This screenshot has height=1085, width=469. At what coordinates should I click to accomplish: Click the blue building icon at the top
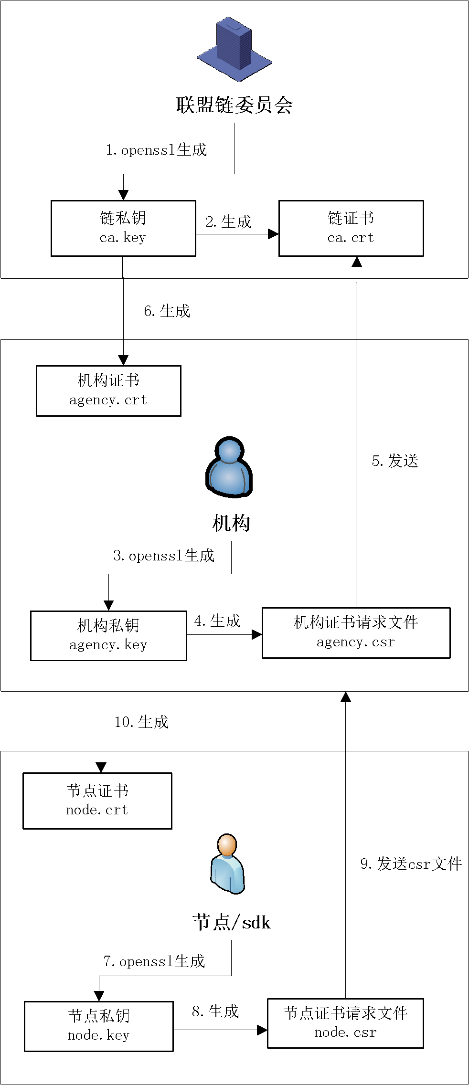[x=234, y=49]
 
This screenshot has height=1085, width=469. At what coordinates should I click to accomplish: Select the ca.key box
[x=123, y=228]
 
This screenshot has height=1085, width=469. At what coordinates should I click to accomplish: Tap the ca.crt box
[x=351, y=228]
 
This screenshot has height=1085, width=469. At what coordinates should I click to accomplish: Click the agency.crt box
[x=108, y=391]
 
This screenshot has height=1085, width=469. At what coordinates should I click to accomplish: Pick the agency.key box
[x=108, y=636]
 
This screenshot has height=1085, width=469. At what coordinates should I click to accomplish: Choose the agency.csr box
[x=356, y=633]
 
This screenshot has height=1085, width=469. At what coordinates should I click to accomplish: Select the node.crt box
[x=97, y=801]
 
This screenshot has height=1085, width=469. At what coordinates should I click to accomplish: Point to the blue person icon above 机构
[x=229, y=467]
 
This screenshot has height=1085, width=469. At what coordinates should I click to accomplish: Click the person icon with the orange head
[x=227, y=864]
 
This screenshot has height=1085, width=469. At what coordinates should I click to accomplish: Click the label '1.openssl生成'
[x=156, y=150]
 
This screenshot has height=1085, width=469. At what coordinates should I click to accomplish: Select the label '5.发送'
[x=395, y=461]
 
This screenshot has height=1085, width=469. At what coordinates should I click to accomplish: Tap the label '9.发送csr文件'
[x=411, y=864]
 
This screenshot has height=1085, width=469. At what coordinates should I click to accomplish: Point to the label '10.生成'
[x=141, y=722]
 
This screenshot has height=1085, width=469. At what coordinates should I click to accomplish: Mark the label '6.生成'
[x=167, y=311]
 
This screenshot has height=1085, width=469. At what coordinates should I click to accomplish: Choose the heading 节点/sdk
[x=232, y=923]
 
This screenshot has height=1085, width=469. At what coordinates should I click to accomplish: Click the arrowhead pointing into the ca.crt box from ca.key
[x=273, y=234]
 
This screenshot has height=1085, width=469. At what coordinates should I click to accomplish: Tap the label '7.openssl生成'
[x=154, y=961]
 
